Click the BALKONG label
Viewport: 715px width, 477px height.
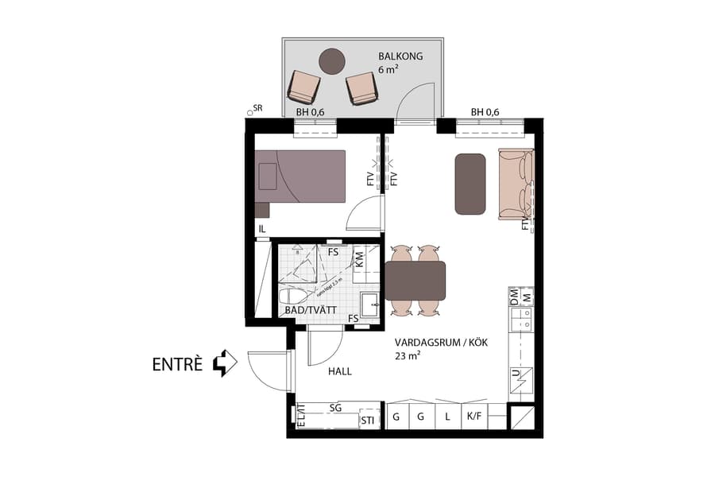coord(400,56)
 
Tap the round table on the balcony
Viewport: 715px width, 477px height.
coord(331,60)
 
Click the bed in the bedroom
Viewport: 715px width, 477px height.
coord(301,176)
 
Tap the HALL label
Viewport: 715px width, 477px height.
coord(339,371)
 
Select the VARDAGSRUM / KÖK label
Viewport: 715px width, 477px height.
coord(440,343)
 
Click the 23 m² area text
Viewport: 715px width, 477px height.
coord(408,357)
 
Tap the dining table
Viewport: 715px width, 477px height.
coord(415,281)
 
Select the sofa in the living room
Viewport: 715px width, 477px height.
coord(514,184)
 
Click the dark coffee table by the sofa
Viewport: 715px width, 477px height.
coord(470,184)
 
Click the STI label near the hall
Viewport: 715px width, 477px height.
coord(367,420)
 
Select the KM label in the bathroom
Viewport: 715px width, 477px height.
coord(360,258)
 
